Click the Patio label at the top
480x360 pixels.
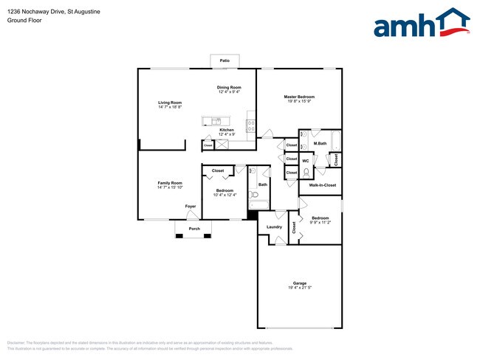click(224, 60)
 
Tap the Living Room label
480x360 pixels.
click(170, 103)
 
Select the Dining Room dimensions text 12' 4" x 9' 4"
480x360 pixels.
click(229, 91)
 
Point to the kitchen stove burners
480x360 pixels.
click(250, 125)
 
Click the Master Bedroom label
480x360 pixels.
click(300, 97)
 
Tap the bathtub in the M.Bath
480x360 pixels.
click(335, 140)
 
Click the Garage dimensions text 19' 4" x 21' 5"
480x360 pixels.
click(299, 288)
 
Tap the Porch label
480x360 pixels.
click(194, 229)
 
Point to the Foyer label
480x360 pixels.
click(191, 207)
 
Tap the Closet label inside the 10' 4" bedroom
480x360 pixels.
click(218, 170)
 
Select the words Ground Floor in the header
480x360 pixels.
click(24, 20)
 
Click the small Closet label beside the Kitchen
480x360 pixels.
click(208, 145)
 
